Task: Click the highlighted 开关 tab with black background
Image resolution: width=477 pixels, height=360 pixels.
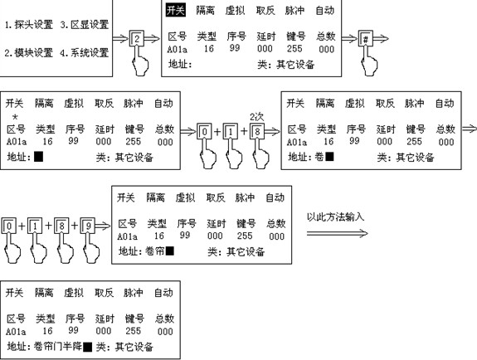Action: click(176, 10)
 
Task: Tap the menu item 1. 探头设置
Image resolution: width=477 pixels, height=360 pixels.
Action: click(29, 25)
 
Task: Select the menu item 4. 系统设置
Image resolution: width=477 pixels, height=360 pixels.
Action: click(85, 52)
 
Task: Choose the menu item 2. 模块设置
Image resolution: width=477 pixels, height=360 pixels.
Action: click(28, 52)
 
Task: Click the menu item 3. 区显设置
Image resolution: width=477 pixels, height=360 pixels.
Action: click(85, 25)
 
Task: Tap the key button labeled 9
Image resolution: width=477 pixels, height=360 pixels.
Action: click(88, 226)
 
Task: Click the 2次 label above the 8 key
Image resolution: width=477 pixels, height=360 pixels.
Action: click(257, 116)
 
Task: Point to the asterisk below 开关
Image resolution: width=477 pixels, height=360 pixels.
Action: click(15, 117)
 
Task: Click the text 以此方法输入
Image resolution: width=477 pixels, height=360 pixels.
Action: click(335, 216)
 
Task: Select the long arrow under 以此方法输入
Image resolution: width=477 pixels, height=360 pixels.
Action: click(337, 233)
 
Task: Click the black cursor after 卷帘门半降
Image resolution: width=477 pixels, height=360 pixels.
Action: click(88, 347)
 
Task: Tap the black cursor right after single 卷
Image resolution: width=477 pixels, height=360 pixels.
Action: click(329, 157)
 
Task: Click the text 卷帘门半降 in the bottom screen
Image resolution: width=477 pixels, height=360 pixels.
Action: click(58, 346)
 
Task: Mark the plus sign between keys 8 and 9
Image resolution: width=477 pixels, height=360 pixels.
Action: click(75, 226)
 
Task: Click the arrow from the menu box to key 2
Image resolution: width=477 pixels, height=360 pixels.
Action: click(120, 39)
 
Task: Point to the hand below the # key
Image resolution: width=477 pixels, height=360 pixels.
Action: click(370, 61)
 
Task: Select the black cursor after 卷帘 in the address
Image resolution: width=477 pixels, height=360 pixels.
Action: click(169, 251)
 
